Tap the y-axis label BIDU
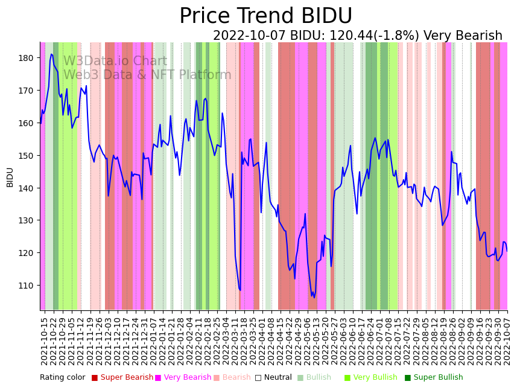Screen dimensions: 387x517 [10, 177]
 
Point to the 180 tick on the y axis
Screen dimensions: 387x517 [26, 58]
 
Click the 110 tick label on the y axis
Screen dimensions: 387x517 [26, 286]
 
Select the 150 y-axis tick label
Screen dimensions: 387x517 [26, 156]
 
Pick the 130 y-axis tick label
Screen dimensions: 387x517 [26, 220]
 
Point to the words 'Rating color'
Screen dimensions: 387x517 [63, 378]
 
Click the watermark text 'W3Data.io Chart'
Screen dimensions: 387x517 [115, 62]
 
